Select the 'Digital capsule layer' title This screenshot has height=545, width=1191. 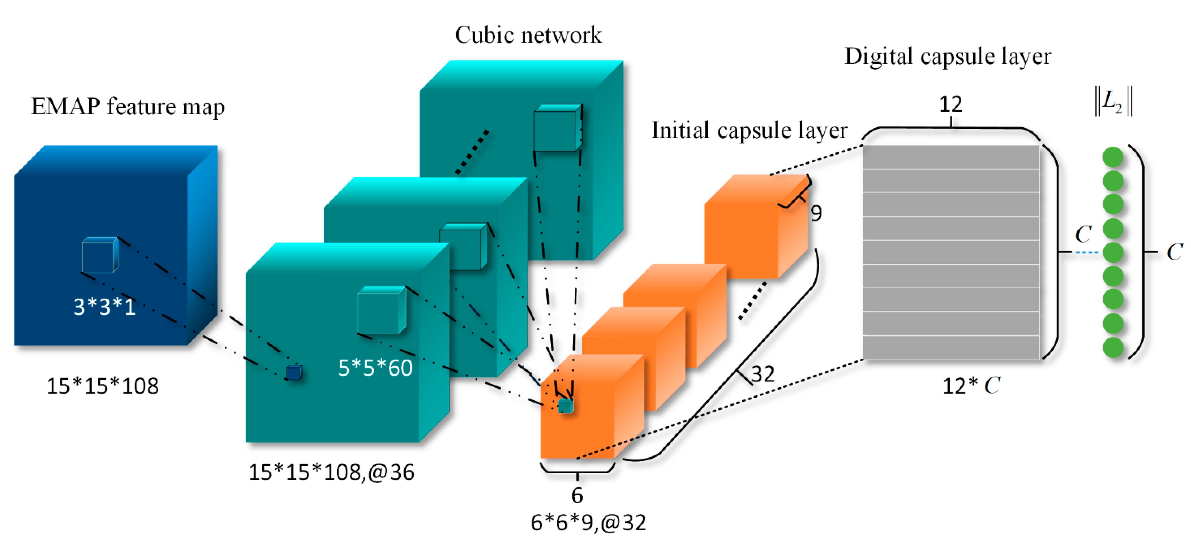947,56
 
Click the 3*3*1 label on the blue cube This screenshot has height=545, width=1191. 105,307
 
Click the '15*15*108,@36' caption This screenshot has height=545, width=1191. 331,472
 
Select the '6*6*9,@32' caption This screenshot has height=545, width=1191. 588,522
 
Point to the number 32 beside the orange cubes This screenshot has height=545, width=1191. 763,374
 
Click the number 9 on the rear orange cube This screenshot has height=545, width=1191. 816,213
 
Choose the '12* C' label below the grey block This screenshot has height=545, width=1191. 971,385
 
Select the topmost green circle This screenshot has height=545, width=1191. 1113,157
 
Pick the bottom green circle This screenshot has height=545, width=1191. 1113,347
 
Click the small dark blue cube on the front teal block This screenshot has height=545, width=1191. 294,373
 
